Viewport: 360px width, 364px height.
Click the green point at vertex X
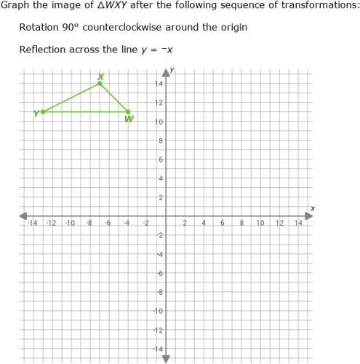tap(100, 84)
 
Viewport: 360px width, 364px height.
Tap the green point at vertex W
tap(128, 112)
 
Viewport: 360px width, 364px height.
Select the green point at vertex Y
tap(43, 112)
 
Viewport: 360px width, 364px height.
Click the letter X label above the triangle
tap(100, 76)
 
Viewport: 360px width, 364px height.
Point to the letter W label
tap(129, 119)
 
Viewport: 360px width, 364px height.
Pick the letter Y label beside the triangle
tap(36, 113)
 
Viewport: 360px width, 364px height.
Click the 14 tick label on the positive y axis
tap(157, 84)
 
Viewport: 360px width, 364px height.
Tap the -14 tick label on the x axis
tap(31, 223)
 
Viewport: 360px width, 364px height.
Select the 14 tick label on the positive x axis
tap(299, 223)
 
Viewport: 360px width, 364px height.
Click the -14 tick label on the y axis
tap(156, 349)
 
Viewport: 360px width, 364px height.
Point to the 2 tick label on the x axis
tap(185, 223)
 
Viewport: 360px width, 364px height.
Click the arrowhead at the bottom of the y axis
tap(166, 358)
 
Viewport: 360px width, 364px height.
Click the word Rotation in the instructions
tap(39, 28)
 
